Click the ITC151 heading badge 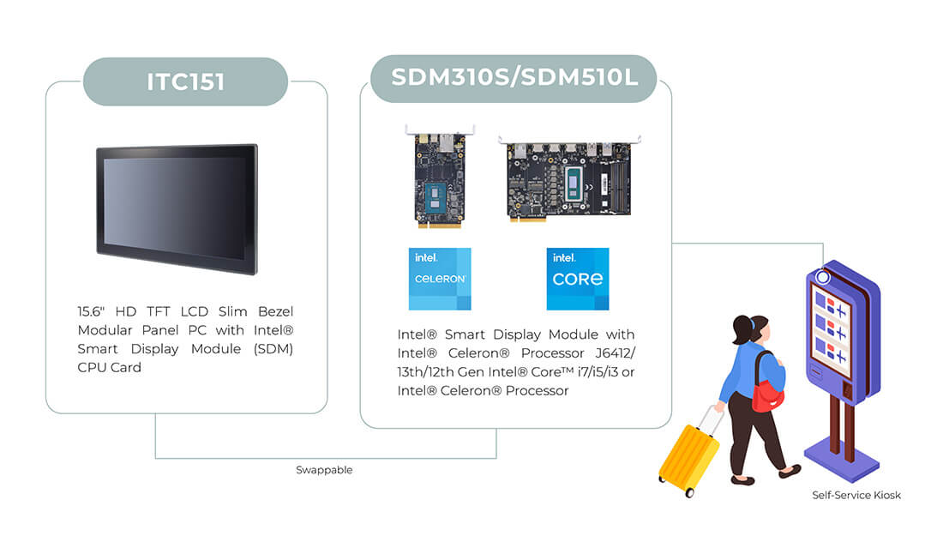point(185,81)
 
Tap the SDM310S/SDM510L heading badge point(514,78)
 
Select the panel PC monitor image point(177,208)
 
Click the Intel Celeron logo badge point(440,279)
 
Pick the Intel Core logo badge point(577,279)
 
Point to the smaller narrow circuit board point(440,177)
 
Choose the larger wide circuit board point(569,178)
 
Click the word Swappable point(324,470)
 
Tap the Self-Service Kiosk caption point(856,495)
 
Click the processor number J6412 point(613,353)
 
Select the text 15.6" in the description point(91,311)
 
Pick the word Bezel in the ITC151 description point(275,311)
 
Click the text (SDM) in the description point(273,349)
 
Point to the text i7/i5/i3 point(598,372)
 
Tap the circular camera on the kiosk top point(822,277)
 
